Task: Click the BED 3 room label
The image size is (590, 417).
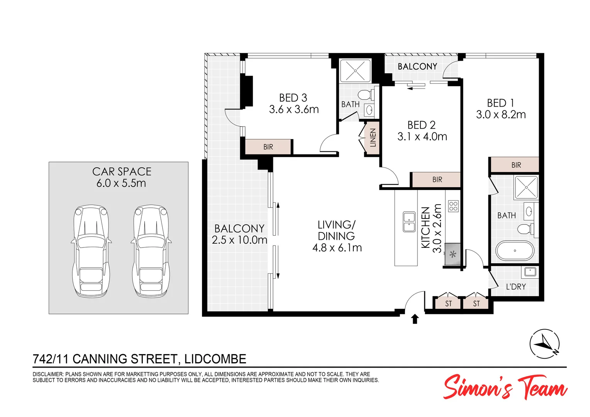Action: (293, 98)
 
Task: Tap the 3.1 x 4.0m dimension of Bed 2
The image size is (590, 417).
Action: (422, 137)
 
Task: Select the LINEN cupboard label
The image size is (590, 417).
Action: (373, 138)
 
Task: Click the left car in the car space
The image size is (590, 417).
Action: (91, 251)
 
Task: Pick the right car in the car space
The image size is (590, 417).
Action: (151, 251)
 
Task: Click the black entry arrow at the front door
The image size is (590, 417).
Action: (415, 319)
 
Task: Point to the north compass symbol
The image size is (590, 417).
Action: (544, 344)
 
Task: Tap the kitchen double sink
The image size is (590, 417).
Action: (409, 222)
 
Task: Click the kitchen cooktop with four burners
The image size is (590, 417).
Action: (453, 206)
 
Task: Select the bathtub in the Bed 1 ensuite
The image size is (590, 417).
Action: (515, 251)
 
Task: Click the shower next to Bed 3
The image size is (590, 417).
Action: (355, 71)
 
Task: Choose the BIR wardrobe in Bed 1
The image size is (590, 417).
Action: (515, 165)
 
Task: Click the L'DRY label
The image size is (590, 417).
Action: (516, 287)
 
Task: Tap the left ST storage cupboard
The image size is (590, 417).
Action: (448, 303)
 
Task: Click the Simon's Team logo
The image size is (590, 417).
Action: (505, 387)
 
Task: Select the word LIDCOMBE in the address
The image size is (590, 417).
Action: (215, 359)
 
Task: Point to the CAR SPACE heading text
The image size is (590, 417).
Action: (122, 171)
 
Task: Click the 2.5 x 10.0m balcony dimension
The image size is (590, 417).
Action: (239, 240)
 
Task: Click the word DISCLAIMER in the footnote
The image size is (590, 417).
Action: (48, 374)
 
